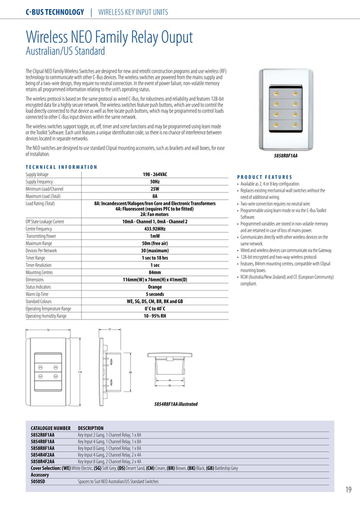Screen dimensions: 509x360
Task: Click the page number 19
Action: click(x=348, y=489)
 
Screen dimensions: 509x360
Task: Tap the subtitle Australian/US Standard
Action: click(x=65, y=52)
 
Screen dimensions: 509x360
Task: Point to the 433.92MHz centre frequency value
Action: click(x=155, y=229)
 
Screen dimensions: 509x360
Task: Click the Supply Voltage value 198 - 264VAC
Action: click(x=155, y=174)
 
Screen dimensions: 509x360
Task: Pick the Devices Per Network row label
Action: click(x=41, y=251)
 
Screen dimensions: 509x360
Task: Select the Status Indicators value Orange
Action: click(x=155, y=287)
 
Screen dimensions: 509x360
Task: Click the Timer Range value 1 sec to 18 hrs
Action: click(x=155, y=258)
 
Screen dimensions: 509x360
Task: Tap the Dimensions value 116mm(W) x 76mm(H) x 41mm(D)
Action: click(x=155, y=279)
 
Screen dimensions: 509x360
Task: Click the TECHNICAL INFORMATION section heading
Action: click(x=62, y=167)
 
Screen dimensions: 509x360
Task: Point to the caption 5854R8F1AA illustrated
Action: click(x=175, y=404)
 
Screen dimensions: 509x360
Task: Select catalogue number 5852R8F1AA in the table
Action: click(x=43, y=435)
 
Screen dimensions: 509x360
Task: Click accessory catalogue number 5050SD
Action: click(x=38, y=482)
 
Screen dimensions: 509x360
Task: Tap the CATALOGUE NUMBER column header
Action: click(x=51, y=428)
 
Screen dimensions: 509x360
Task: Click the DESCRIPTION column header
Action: click(x=91, y=428)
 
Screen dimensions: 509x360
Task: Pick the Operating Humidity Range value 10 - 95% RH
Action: click(x=155, y=316)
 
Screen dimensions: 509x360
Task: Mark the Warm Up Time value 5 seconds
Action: click(x=155, y=294)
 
